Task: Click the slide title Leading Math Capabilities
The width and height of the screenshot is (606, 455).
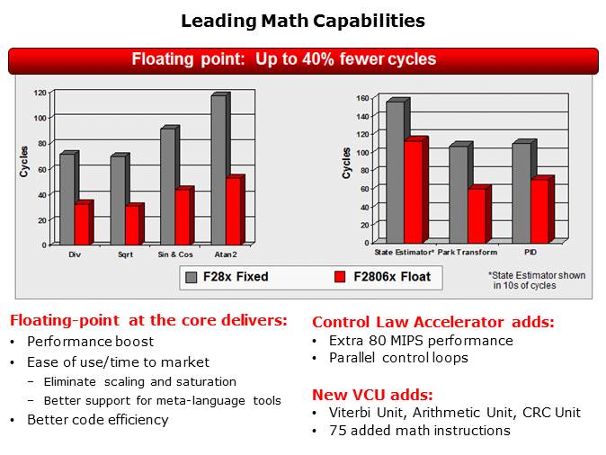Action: click(x=303, y=21)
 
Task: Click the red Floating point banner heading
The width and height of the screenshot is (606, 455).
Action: click(x=284, y=60)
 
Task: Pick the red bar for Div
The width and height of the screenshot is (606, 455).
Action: click(x=82, y=223)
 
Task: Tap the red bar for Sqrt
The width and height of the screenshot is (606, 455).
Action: click(x=132, y=224)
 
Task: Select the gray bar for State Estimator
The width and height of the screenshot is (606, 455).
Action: click(x=394, y=171)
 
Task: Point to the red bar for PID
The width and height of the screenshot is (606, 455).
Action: click(x=538, y=210)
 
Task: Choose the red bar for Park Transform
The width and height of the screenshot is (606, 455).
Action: click(x=476, y=215)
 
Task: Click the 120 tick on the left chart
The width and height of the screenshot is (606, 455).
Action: click(x=40, y=93)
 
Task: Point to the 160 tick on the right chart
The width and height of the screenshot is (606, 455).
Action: click(x=362, y=98)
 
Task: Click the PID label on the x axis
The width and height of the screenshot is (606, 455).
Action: click(x=531, y=252)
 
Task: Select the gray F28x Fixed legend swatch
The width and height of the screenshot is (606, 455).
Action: click(x=191, y=277)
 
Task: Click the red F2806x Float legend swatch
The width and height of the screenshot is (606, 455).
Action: click(x=341, y=277)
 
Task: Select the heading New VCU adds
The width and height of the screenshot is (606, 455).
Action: click(x=371, y=394)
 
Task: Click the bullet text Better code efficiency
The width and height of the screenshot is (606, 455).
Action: click(x=97, y=420)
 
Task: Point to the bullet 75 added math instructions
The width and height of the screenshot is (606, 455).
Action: click(x=419, y=431)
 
